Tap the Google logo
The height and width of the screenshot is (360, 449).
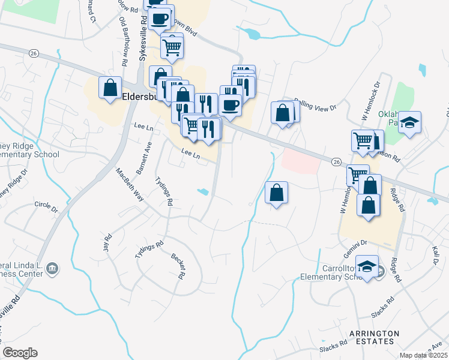pos(20,353)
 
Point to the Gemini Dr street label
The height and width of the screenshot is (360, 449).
pos(355,246)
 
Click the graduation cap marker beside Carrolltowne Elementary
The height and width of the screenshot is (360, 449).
pos(366,266)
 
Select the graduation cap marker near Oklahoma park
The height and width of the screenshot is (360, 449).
pos(409,122)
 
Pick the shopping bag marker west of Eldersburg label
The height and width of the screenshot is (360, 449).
pos(110,88)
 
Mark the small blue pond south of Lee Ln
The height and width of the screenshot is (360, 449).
pos(203,192)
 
